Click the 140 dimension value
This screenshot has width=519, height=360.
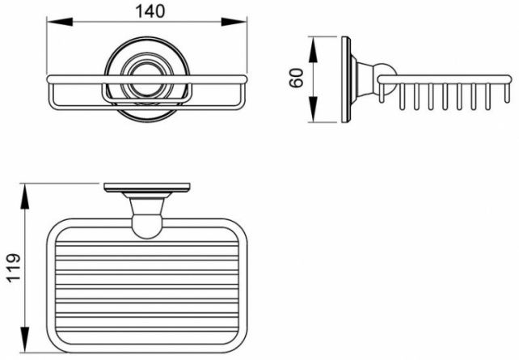150,11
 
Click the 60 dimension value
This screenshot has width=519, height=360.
296,78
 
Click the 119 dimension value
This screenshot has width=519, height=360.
14,268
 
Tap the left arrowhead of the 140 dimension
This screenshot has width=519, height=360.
60,22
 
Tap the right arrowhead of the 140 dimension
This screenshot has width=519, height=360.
234,22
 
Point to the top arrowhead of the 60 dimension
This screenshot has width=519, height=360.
313,49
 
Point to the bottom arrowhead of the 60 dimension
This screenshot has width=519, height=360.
313,109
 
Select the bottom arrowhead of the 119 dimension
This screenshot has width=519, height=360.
25,340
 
